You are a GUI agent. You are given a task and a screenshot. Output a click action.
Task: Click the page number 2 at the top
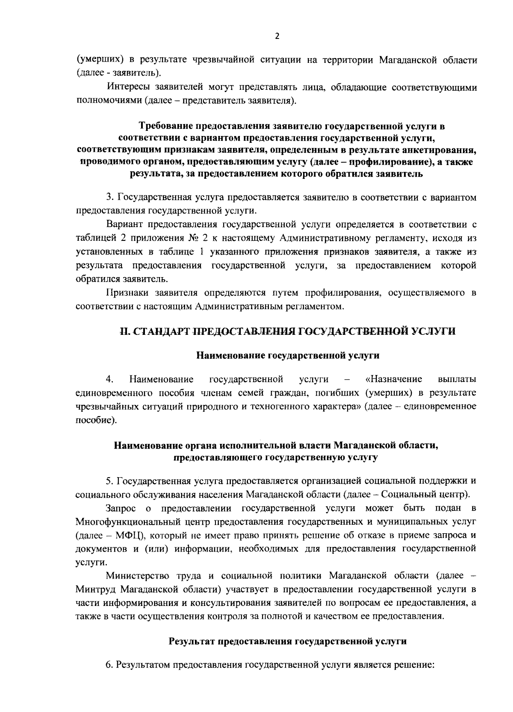(x=277, y=37)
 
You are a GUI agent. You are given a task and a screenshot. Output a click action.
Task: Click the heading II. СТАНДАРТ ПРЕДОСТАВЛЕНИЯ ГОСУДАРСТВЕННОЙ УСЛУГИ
(x=287, y=332)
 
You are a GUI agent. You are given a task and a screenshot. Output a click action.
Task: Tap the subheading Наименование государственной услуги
(x=288, y=355)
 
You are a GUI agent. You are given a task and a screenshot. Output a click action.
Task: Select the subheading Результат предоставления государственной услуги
(x=287, y=641)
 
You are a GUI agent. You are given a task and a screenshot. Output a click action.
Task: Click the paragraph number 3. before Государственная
(x=110, y=198)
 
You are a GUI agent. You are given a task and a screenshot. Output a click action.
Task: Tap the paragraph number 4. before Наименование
(x=110, y=379)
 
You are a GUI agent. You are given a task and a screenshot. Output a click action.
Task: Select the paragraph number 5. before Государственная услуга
(x=110, y=481)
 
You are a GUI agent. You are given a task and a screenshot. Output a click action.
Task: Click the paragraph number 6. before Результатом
(x=109, y=665)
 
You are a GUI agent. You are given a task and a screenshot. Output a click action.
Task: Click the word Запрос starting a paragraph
(x=121, y=508)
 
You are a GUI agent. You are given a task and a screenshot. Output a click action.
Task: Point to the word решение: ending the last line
(x=413, y=665)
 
